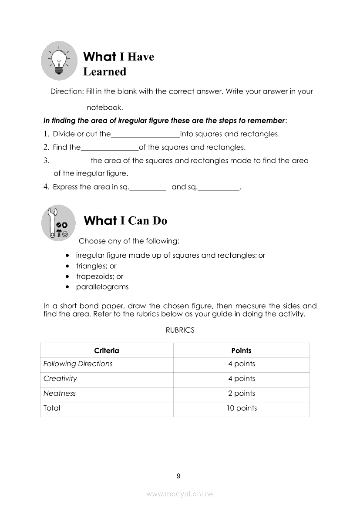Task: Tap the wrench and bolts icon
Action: (59, 223)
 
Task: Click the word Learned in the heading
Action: (104, 72)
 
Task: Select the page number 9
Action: (178, 476)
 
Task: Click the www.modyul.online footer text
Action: (180, 494)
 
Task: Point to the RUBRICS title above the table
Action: (180, 330)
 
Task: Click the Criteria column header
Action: (107, 351)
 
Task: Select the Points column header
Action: (241, 351)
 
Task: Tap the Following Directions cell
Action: (78, 364)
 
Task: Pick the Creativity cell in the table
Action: (60, 379)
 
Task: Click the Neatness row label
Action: (60, 394)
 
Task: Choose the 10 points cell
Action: (242, 408)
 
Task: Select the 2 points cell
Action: (242, 394)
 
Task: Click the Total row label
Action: (52, 408)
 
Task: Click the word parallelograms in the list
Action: (102, 287)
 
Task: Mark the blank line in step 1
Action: (145, 135)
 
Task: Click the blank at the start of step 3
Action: (72, 162)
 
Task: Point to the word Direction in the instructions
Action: (66, 91)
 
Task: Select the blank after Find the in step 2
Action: (110, 148)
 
